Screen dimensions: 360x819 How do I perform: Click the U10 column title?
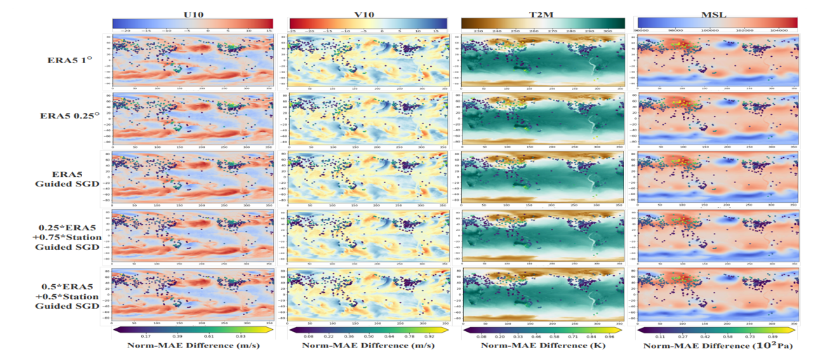[193, 12]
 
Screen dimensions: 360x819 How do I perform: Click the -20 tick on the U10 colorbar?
[126, 31]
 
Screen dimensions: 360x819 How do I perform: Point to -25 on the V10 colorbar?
[292, 31]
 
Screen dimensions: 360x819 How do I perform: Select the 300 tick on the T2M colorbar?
[607, 31]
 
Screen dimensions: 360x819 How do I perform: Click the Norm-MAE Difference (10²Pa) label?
[717, 347]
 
